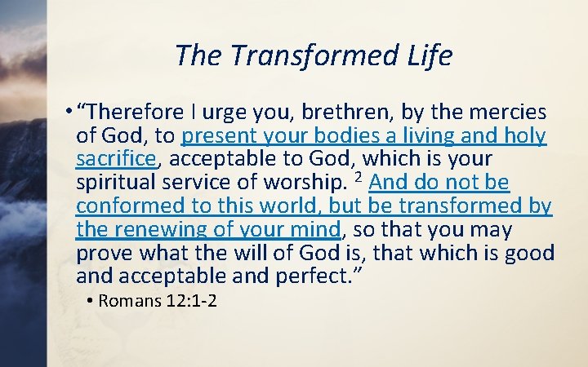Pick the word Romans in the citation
pos(128,301)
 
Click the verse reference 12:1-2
pos(190,301)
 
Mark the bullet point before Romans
pos(90,301)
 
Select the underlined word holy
pos(526,135)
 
